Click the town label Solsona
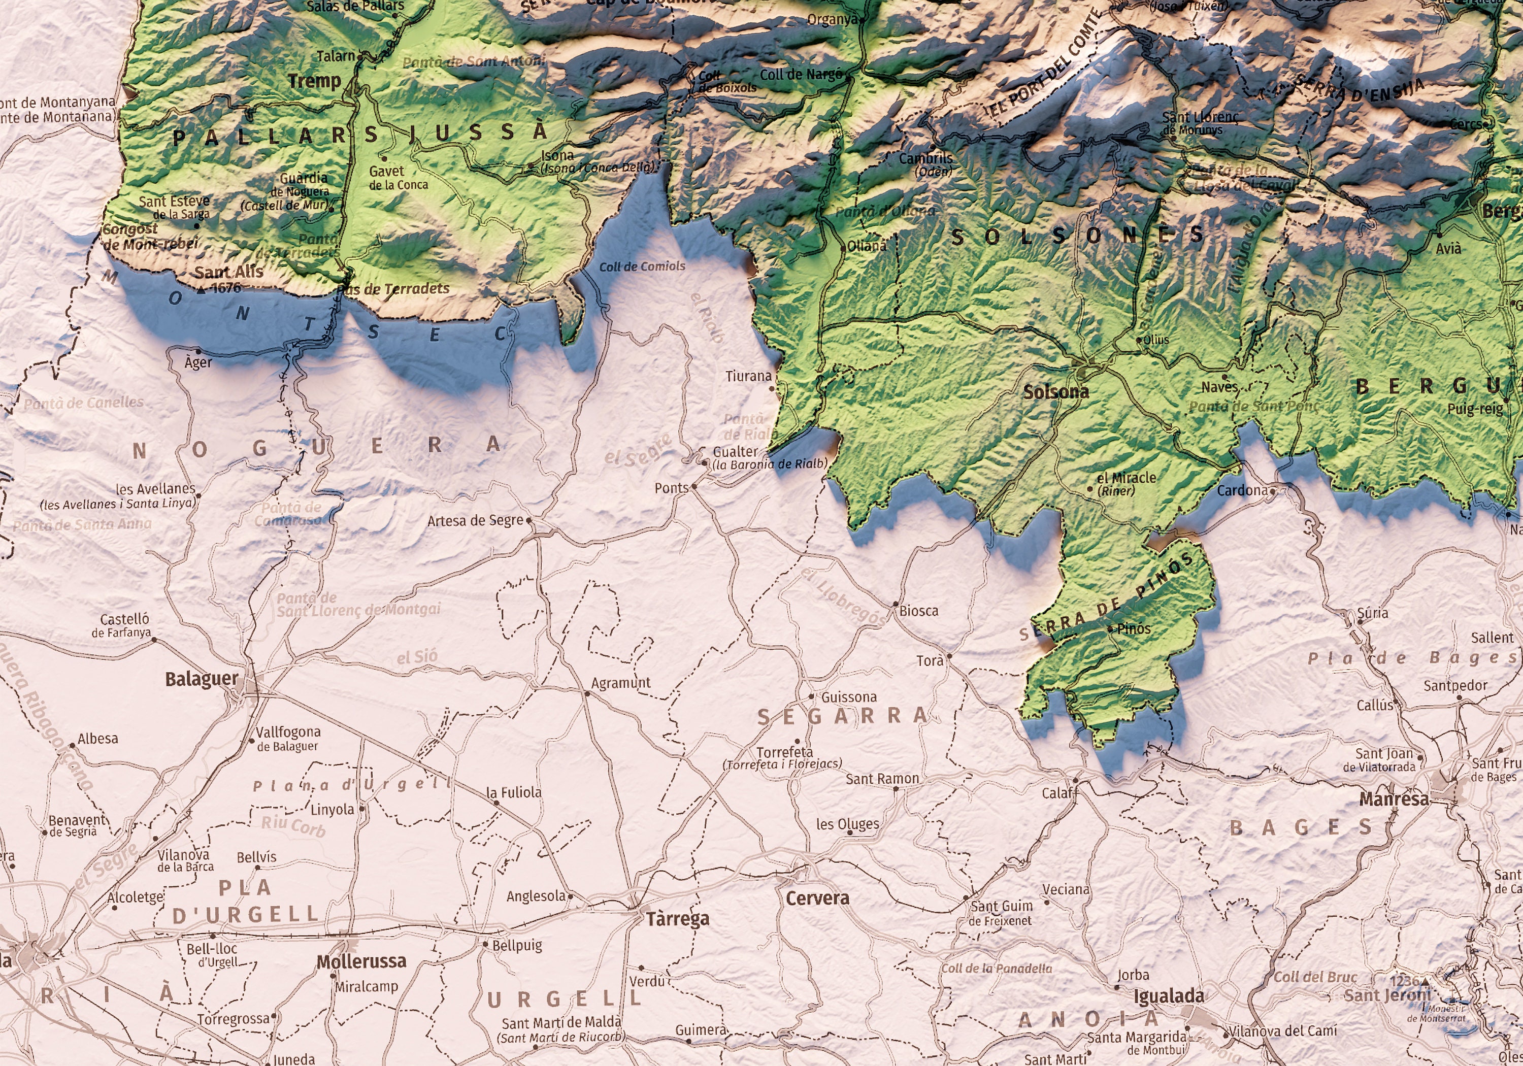pyautogui.click(x=1055, y=391)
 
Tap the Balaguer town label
pyautogui.click(x=201, y=679)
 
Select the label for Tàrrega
pyautogui.click(x=677, y=918)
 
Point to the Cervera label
pyautogui.click(x=817, y=897)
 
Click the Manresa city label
pyautogui.click(x=1394, y=798)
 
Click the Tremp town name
pyautogui.click(x=314, y=81)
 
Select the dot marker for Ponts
pyautogui.click(x=694, y=486)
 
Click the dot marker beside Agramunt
pyautogui.click(x=587, y=694)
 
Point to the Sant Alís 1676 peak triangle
pyautogui.click(x=202, y=290)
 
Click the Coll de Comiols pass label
pyautogui.click(x=642, y=266)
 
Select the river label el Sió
pyautogui.click(x=417, y=657)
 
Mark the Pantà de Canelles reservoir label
pyautogui.click(x=84, y=402)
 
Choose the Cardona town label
pyautogui.click(x=1242, y=490)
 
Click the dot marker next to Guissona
pyautogui.click(x=812, y=696)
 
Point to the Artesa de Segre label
pyautogui.click(x=475, y=521)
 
